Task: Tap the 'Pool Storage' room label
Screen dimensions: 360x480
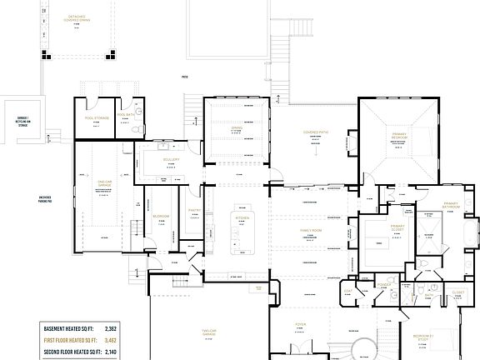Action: tap(97, 118)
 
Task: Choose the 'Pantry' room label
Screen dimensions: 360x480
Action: tap(194, 211)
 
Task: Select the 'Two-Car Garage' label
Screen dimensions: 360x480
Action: tap(210, 334)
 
